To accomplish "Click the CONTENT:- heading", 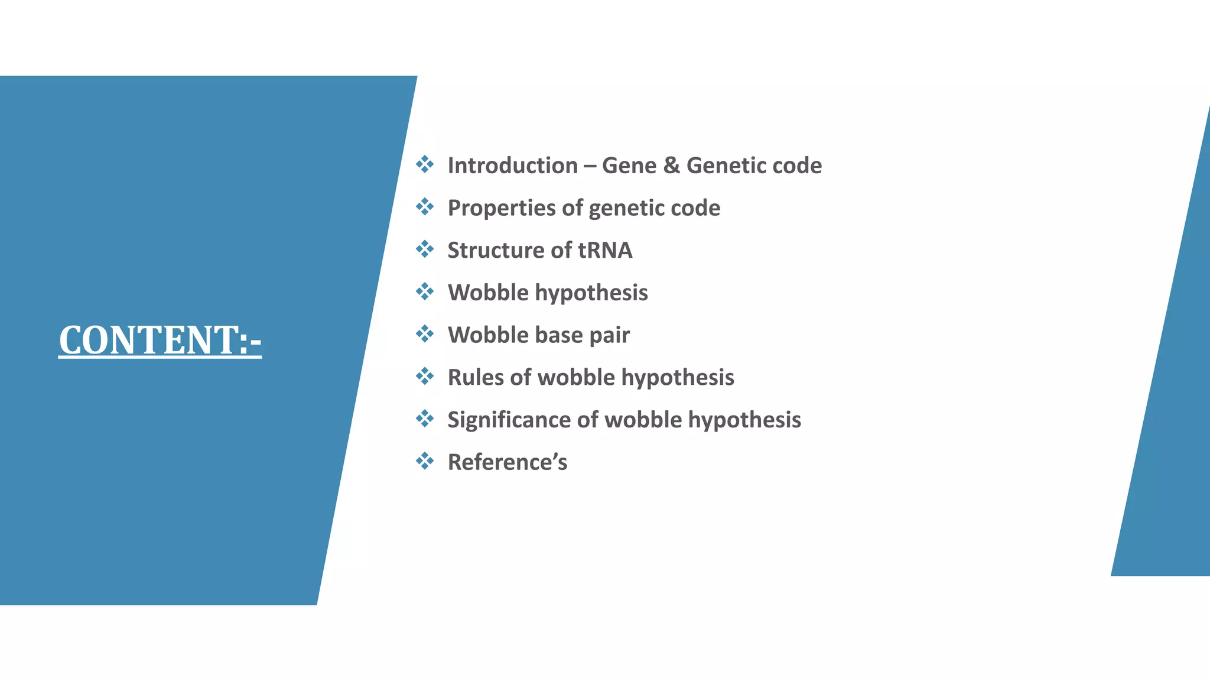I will click(x=160, y=340).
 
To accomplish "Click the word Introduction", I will click(x=512, y=166).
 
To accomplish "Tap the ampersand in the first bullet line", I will click(x=671, y=166).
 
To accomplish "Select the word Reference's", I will click(x=507, y=462).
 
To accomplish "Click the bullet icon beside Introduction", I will click(x=425, y=164).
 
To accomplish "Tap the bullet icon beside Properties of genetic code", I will click(x=425, y=207).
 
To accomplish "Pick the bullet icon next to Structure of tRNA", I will click(x=425, y=249).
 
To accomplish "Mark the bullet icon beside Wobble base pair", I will click(x=425, y=334).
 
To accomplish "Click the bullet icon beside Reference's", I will click(x=425, y=461).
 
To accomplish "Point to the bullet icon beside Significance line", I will click(x=425, y=419).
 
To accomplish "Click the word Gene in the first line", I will click(x=629, y=166).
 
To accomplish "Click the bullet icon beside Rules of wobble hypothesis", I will click(x=425, y=376).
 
